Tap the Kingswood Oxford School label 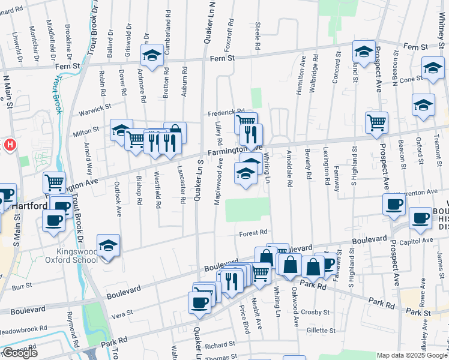71,255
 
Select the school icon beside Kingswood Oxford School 108,245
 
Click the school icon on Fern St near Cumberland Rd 152,56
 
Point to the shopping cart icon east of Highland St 376,122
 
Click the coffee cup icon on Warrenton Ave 394,204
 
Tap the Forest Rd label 253,233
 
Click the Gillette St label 319,331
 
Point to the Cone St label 411,79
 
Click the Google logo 19,353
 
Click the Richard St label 219,345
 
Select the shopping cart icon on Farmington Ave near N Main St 54,181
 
